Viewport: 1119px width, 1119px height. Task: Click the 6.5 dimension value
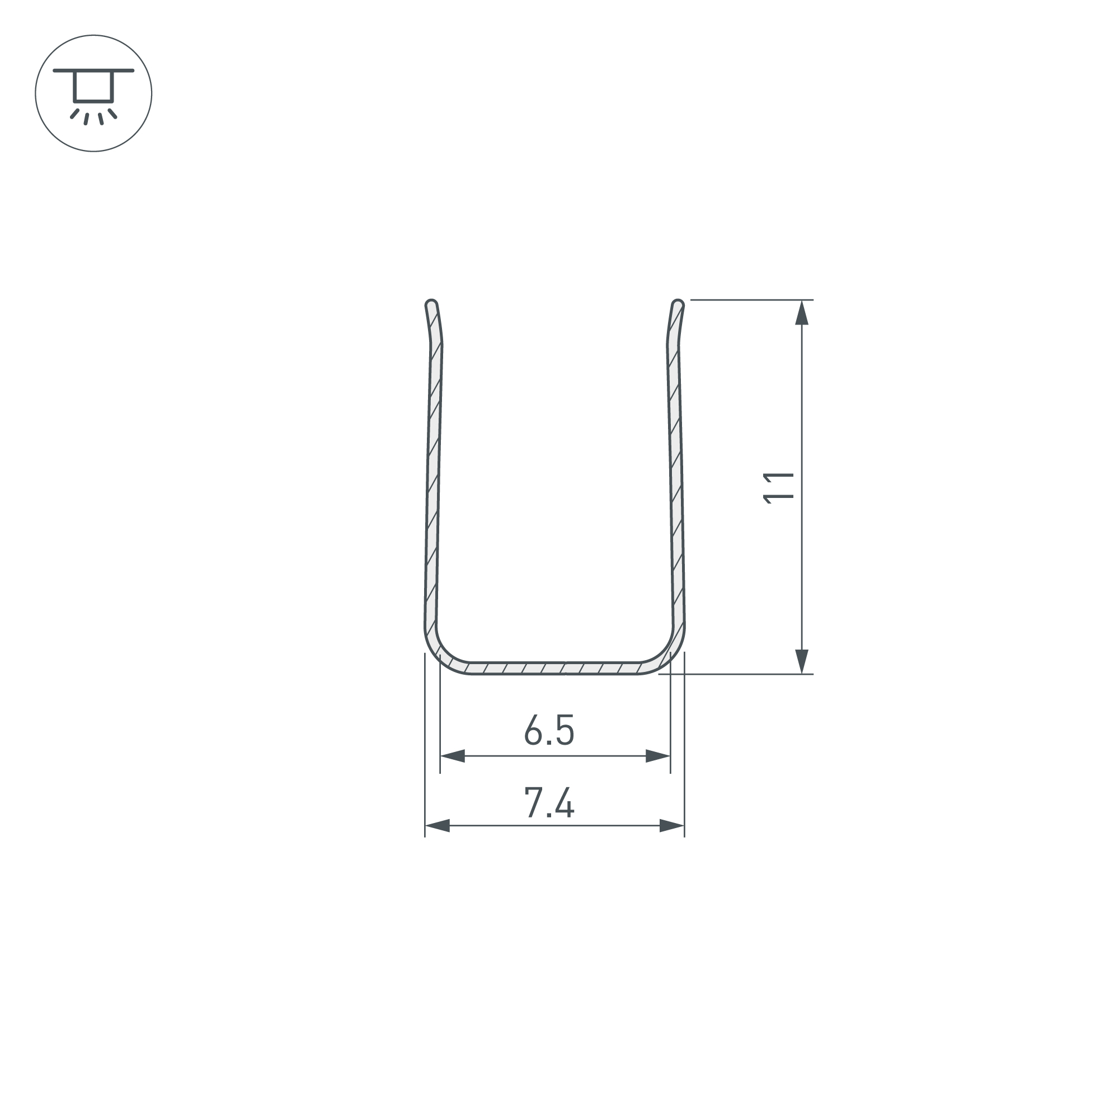(549, 730)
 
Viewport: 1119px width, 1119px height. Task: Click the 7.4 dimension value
(549, 802)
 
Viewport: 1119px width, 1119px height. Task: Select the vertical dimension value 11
(778, 488)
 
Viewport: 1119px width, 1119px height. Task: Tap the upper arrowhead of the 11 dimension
(802, 313)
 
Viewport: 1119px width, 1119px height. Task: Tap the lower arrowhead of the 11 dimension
(802, 661)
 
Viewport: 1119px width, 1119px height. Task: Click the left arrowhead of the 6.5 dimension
(453, 756)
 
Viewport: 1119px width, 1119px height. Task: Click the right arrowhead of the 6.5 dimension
(657, 756)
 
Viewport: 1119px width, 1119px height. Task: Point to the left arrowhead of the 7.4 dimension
(438, 826)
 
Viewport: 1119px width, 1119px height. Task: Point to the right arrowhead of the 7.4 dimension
(671, 826)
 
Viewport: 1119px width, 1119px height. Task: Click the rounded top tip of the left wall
(431, 303)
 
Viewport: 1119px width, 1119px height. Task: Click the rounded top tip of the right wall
(678, 303)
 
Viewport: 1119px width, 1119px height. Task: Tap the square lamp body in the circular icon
(93, 86)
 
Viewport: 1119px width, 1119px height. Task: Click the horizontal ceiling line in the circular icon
(93, 70)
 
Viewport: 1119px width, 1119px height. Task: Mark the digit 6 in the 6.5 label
(532, 730)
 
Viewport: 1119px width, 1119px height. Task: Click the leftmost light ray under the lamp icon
(74, 114)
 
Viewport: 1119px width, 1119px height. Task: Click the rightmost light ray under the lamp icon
(112, 114)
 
